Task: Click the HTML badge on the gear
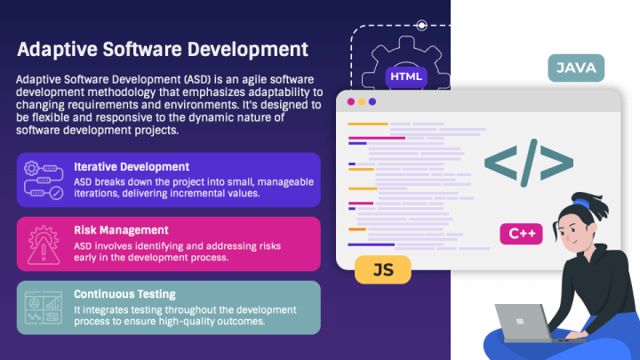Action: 406,76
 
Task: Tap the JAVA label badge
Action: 576,68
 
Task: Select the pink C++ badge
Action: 521,234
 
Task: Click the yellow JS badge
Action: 383,269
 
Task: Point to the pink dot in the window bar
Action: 351,101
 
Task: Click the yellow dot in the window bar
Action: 362,101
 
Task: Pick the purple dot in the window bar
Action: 372,101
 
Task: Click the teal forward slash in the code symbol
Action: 529,163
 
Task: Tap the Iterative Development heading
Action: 132,166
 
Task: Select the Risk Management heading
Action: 121,230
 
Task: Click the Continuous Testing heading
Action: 124,294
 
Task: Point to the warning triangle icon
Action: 44,251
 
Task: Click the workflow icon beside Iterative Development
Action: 44,180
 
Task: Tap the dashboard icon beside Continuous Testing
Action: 44,308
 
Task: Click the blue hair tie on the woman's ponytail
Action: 581,204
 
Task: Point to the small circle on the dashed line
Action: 421,25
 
